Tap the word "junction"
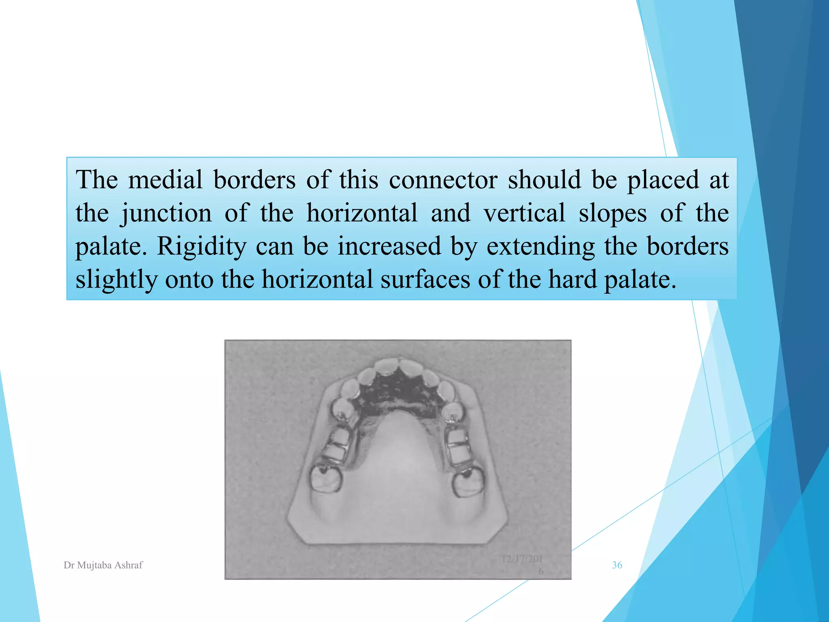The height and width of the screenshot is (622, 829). coord(166,213)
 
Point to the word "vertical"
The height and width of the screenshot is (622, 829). coord(524,213)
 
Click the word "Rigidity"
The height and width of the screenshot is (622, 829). coord(201,246)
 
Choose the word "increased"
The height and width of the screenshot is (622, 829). coord(389,246)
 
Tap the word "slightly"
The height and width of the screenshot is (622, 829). coord(116,279)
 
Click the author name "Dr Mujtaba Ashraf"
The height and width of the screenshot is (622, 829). coord(103,565)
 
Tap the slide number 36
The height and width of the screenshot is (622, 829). coord(617,565)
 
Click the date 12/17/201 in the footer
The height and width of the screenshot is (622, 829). coord(522,559)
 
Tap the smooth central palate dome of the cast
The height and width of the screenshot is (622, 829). coord(399,470)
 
